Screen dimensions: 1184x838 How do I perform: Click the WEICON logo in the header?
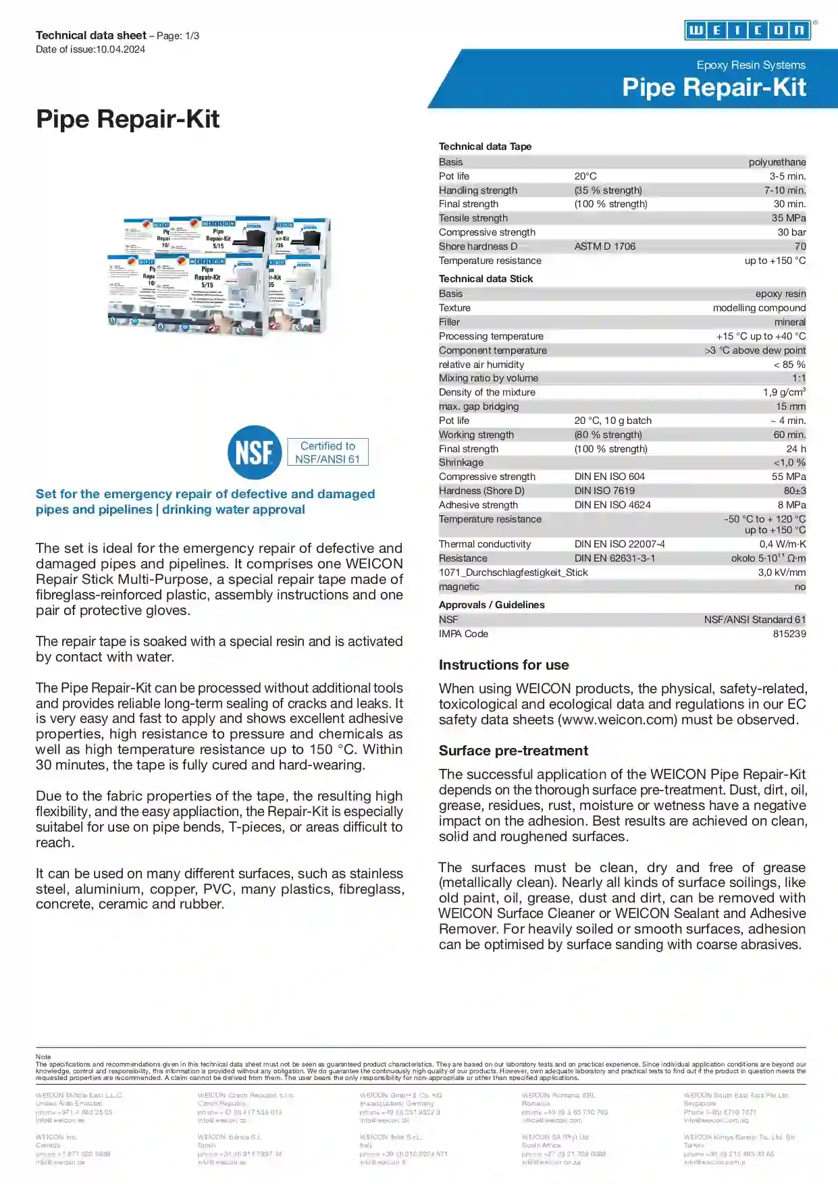point(747,30)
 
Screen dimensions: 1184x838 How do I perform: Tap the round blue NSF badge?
point(254,452)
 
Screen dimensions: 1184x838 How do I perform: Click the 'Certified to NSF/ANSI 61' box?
point(328,452)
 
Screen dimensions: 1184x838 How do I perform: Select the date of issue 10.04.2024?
point(120,49)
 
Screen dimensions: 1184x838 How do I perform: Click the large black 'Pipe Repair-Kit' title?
point(128,119)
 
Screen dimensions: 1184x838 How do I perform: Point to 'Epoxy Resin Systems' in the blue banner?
point(751,65)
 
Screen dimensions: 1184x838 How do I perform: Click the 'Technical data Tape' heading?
point(485,146)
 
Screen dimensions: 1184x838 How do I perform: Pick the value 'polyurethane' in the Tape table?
point(777,162)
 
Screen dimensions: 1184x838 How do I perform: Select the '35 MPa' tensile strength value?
point(788,218)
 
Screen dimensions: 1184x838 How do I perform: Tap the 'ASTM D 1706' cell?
point(604,246)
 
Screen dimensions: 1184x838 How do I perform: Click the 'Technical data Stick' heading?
point(486,279)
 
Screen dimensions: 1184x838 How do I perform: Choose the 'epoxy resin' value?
point(780,294)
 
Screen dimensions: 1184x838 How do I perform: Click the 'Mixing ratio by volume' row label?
point(488,378)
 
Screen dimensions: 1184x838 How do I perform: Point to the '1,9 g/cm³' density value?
point(784,392)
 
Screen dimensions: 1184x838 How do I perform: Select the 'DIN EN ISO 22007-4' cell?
point(619,544)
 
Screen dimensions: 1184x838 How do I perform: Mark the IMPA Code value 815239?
point(789,634)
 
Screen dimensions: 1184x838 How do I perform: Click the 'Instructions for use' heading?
point(504,665)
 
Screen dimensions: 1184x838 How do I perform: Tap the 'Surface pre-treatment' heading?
point(513,751)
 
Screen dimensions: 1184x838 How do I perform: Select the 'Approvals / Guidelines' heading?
point(492,605)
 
